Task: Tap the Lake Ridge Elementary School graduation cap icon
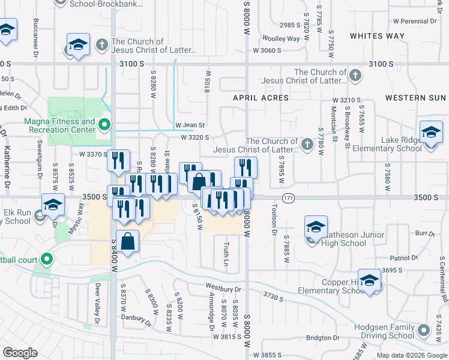[431, 133]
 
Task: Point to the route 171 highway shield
[288, 197]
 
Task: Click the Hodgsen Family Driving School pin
[424, 331]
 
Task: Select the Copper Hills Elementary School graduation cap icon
[370, 280]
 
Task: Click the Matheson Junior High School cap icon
[316, 227]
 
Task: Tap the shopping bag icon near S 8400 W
[128, 242]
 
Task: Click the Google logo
[20, 353]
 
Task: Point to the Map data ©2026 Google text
[411, 355]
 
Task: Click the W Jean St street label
[190, 125]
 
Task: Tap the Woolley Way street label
[285, 38]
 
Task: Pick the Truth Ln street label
[226, 254]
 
